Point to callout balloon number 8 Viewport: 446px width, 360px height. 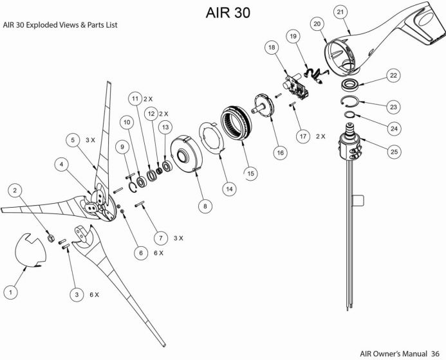coord(205,206)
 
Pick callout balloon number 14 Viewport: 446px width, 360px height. coord(228,188)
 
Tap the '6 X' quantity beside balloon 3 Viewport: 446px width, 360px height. coord(94,294)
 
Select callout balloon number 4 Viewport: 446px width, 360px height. coord(61,165)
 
